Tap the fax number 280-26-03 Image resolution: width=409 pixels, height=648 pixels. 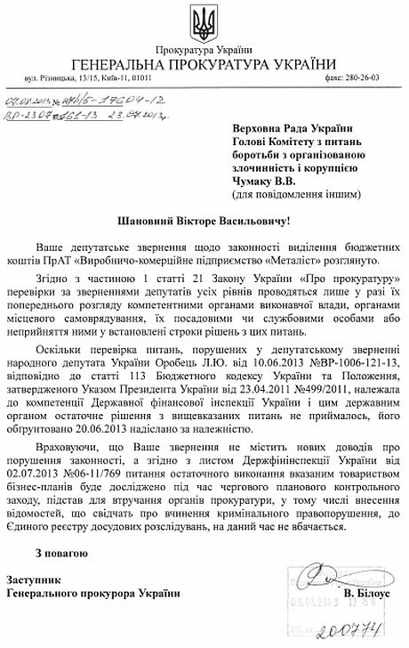pyautogui.click(x=363, y=78)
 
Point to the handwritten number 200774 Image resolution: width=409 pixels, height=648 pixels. pyautogui.click(x=366, y=632)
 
